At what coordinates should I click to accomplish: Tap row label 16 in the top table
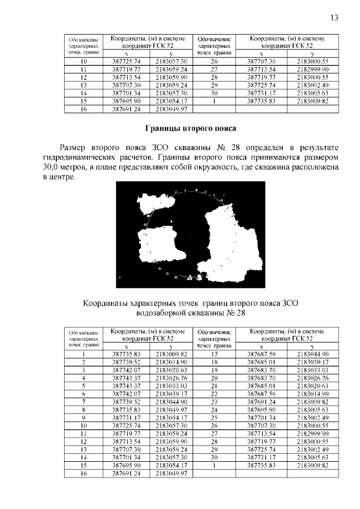click(83, 109)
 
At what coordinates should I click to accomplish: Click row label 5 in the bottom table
click(83, 386)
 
